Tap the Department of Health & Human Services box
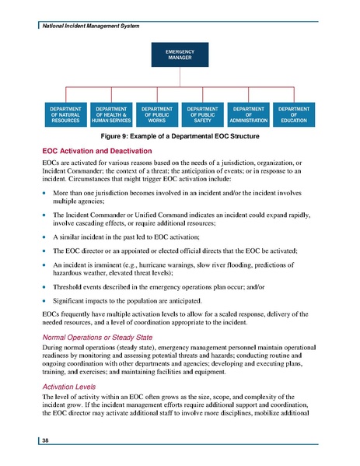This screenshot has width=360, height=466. point(110,114)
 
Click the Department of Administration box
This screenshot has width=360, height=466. point(250,114)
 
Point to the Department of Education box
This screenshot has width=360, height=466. point(295,114)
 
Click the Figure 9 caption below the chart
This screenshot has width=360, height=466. point(180,137)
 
